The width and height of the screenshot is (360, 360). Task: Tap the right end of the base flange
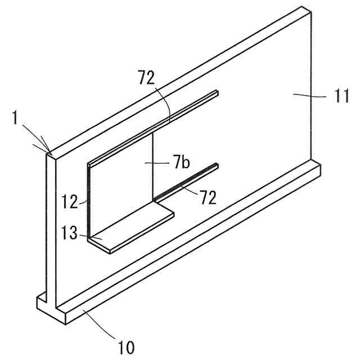click(318, 167)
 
